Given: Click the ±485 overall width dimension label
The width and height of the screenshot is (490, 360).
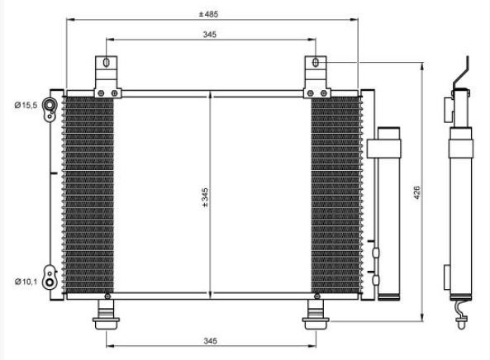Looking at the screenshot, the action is [209, 14].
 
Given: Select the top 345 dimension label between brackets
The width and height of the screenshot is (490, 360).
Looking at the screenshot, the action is [209, 35].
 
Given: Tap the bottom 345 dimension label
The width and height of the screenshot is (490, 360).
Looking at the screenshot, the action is [211, 341].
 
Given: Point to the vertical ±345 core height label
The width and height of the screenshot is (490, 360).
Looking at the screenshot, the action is [205, 197].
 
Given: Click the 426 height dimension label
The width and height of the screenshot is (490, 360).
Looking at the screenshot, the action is [417, 192].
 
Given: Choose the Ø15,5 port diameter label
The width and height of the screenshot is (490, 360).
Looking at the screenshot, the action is [26, 105].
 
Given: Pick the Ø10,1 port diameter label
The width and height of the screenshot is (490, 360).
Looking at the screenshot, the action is [26, 282].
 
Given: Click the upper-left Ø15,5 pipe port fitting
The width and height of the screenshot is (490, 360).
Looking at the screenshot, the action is [50, 110].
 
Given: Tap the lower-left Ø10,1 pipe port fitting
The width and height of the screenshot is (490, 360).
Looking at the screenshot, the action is [50, 277].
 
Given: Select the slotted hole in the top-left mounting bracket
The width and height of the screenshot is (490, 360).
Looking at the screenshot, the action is [107, 63].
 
